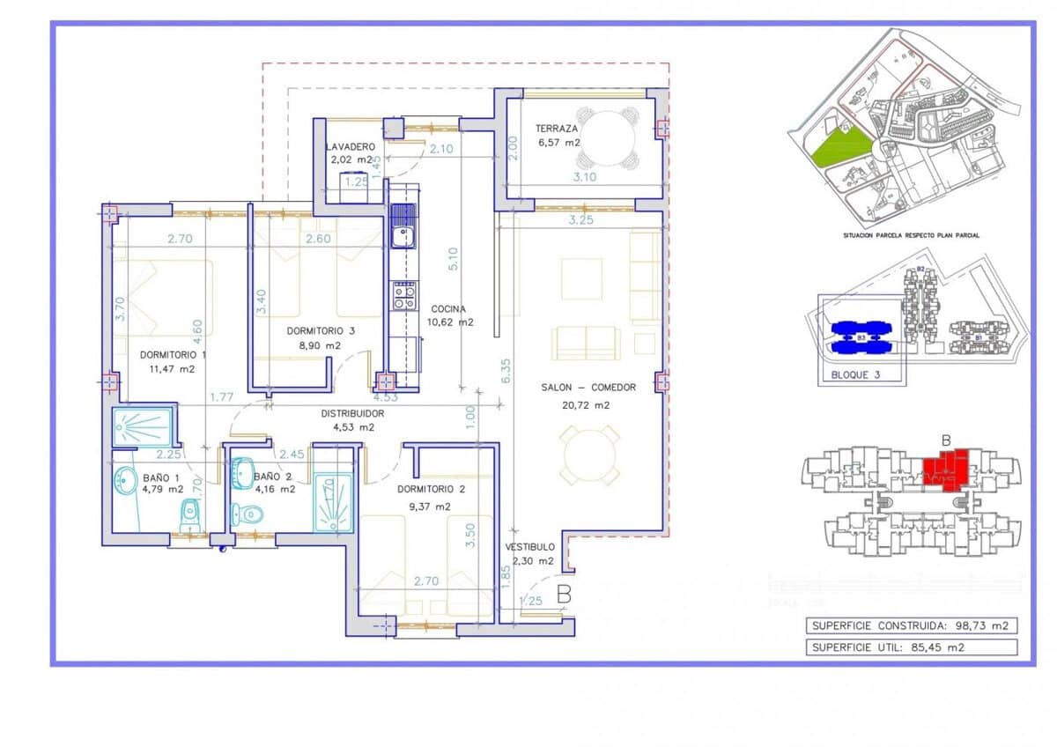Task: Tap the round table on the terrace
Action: coord(607,138)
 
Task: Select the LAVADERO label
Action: coord(350,146)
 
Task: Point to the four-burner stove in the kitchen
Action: coord(403,296)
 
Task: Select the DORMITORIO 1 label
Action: coord(173,356)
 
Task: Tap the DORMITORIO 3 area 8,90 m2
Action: coord(320,345)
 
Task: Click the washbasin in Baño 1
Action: coord(123,481)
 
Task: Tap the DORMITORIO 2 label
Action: coord(431,489)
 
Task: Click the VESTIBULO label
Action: coord(529,547)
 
